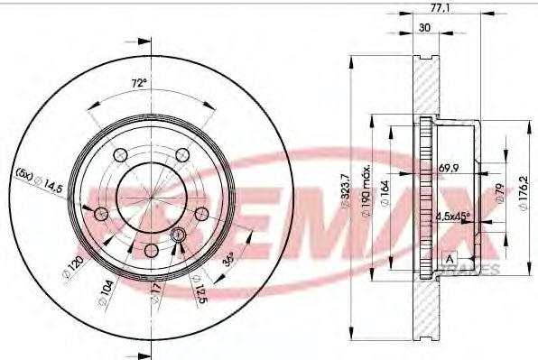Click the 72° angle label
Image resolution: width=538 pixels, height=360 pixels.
click(x=137, y=83)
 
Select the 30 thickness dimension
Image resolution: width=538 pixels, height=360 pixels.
click(x=422, y=27)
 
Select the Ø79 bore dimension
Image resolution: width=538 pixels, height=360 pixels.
click(x=498, y=192)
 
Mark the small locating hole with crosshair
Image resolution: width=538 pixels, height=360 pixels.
click(x=177, y=235)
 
